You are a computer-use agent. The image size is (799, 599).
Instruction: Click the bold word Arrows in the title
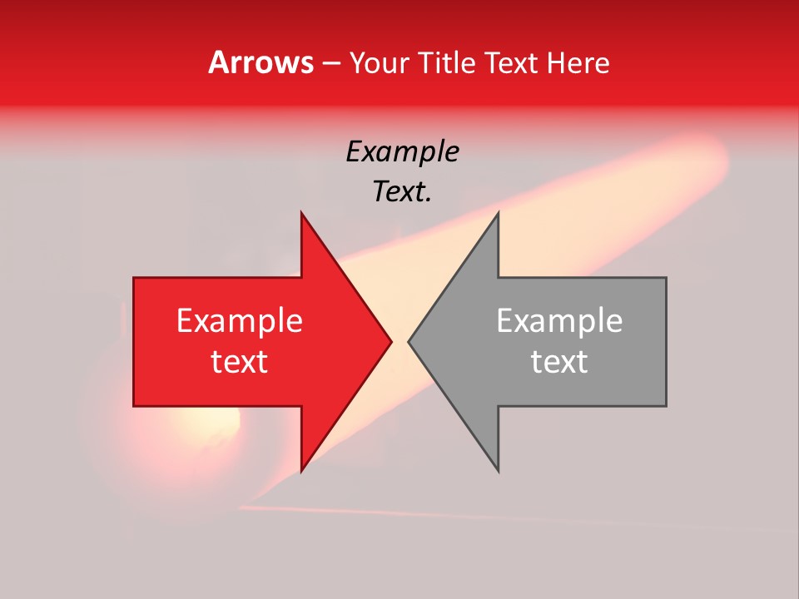click(261, 62)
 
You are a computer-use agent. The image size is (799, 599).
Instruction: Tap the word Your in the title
click(380, 62)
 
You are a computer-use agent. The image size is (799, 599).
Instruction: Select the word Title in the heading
click(448, 62)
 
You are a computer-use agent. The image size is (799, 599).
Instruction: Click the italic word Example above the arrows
click(402, 151)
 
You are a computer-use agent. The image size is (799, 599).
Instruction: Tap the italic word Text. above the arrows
click(402, 192)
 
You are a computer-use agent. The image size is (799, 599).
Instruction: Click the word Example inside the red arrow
click(240, 321)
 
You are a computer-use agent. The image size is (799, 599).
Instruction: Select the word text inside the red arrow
click(240, 362)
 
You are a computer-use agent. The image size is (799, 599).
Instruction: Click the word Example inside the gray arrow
click(559, 321)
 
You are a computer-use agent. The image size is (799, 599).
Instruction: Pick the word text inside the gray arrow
click(559, 362)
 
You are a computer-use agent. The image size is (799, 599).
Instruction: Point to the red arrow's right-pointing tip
click(390, 341)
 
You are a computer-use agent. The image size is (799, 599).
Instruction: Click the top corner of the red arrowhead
click(302, 213)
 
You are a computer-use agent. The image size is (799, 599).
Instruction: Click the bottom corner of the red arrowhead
click(302, 470)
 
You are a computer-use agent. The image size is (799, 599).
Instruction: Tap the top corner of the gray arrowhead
click(498, 213)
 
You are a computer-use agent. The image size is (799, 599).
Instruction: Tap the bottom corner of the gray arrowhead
click(498, 470)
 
